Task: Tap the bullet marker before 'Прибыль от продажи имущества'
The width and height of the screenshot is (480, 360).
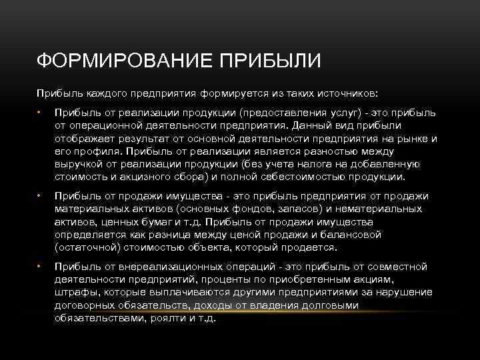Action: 39,197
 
